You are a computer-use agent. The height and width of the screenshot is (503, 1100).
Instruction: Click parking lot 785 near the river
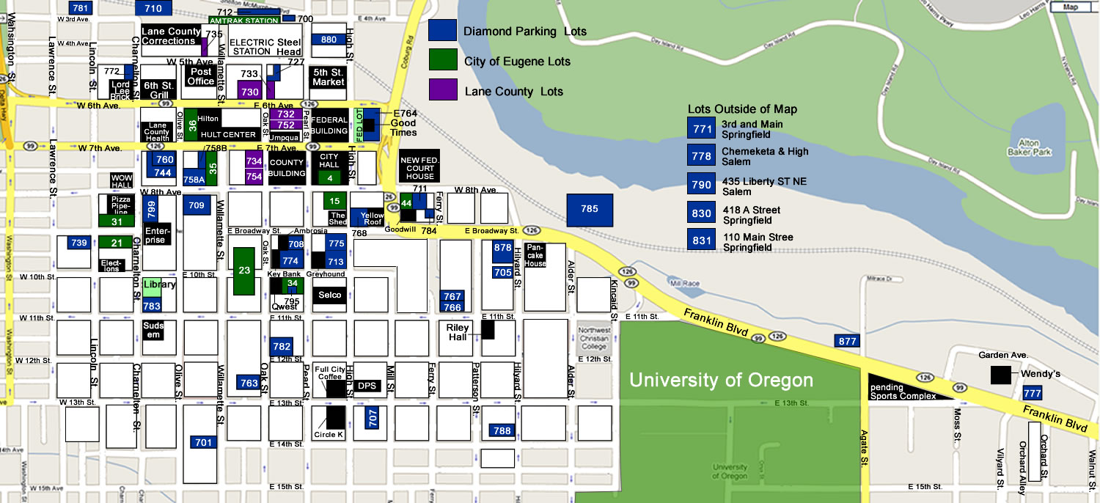coord(589,210)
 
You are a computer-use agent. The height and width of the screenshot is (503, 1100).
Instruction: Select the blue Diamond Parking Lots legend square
coord(443,31)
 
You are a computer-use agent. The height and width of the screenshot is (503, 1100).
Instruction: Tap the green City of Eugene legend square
coord(443,61)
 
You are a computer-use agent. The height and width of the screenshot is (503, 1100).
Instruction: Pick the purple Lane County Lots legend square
coord(443,91)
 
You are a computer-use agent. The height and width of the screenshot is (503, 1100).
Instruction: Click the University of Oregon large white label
coord(721,381)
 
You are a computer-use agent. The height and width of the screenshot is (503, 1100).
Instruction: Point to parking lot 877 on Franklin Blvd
coord(847,341)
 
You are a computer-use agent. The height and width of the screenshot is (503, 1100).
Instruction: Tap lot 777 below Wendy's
coord(1032,394)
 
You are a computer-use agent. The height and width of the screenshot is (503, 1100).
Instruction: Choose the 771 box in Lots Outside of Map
coord(702,129)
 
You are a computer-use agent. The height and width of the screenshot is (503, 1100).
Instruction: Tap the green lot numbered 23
coord(244,271)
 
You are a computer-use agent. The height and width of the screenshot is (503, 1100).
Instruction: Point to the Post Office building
coord(200,76)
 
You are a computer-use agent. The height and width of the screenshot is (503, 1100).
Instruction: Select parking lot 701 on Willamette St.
coord(203,442)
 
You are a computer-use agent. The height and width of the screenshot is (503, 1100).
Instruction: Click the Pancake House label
coord(535,255)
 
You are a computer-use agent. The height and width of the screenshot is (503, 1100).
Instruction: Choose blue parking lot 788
coord(502,431)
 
